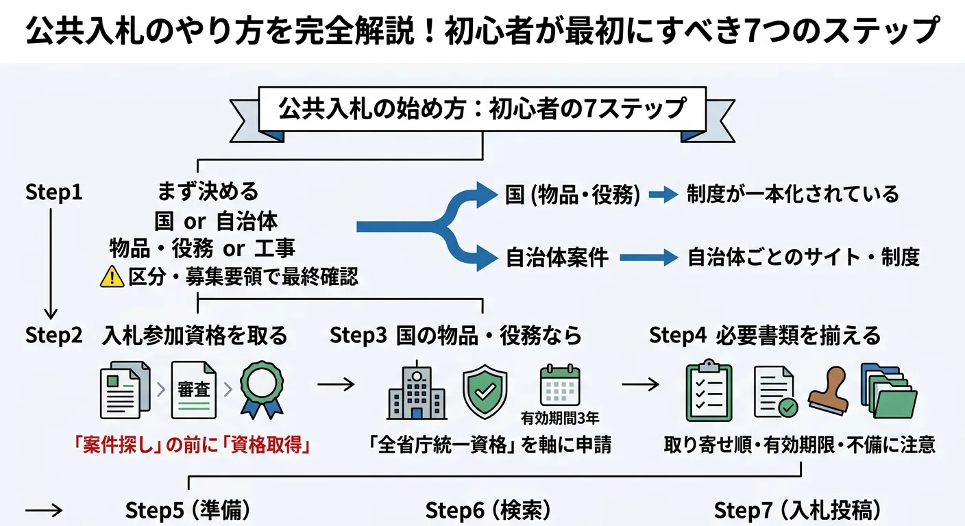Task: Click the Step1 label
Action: (x=53, y=193)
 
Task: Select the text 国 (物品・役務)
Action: (x=572, y=195)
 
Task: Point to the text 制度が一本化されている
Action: (x=792, y=195)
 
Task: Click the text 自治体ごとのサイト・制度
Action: (x=803, y=258)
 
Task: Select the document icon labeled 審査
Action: (x=193, y=390)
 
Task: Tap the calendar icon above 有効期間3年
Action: (x=560, y=386)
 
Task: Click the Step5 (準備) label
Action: (x=187, y=510)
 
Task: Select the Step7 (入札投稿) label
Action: (x=798, y=510)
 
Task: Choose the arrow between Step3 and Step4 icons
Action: (x=641, y=384)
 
